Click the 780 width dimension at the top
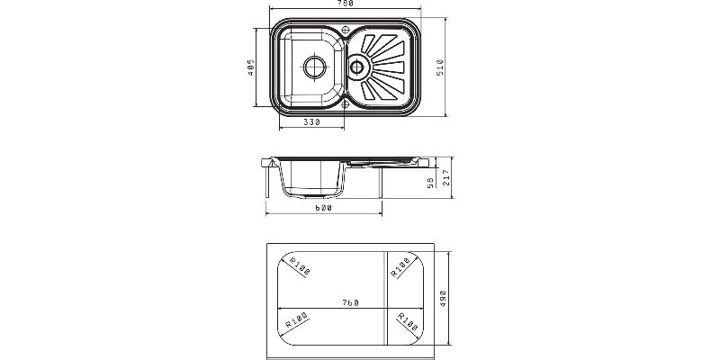346,3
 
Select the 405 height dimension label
251,67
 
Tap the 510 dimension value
440,67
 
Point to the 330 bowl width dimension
311,121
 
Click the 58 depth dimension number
431,182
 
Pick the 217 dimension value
445,178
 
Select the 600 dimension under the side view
324,208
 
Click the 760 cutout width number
351,302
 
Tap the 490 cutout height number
443,298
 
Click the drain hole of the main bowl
315,67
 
